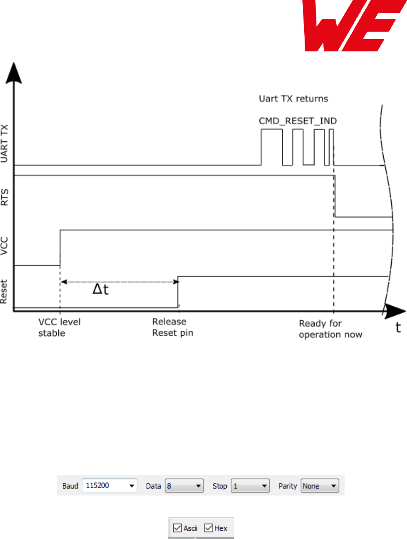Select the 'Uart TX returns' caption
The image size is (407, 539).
point(293,98)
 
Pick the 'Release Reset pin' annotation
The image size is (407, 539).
point(173,328)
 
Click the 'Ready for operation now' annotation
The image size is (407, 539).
point(330,329)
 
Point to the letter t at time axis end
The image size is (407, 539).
point(398,328)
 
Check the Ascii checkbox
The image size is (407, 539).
point(177,528)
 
